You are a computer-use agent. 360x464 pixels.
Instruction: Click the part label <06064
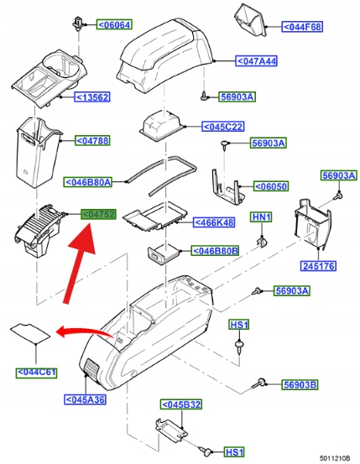pyautogui.click(x=114, y=24)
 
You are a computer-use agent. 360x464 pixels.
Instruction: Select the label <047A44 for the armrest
pyautogui.click(x=257, y=61)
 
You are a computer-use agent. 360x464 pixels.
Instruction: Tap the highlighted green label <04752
pyautogui.click(x=98, y=214)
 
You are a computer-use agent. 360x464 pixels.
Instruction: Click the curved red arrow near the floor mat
pyautogui.click(x=85, y=331)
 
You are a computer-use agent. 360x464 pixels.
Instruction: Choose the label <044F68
pyautogui.click(x=302, y=27)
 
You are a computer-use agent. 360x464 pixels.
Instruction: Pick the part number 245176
pyautogui.click(x=319, y=266)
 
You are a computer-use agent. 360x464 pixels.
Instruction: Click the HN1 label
pyautogui.click(x=262, y=217)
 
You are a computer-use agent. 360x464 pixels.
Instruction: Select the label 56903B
pyautogui.click(x=300, y=384)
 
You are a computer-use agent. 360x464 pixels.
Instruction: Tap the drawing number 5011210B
pyautogui.click(x=335, y=458)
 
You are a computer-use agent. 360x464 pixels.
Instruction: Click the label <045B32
pyautogui.click(x=181, y=404)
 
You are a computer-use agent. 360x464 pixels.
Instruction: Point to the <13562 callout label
pyautogui.click(x=92, y=96)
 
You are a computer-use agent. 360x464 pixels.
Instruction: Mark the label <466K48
pyautogui.click(x=214, y=222)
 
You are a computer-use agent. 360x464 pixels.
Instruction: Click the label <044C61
pyautogui.click(x=36, y=372)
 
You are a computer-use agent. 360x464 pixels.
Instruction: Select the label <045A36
pyautogui.click(x=86, y=399)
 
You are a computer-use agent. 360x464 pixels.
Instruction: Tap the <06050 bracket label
pyautogui.click(x=271, y=186)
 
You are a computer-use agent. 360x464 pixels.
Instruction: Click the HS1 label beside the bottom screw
pyautogui.click(x=234, y=452)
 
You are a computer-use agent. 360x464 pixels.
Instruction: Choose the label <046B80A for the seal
pyautogui.click(x=87, y=182)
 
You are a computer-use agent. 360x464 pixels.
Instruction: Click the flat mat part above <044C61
pyautogui.click(x=30, y=333)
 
